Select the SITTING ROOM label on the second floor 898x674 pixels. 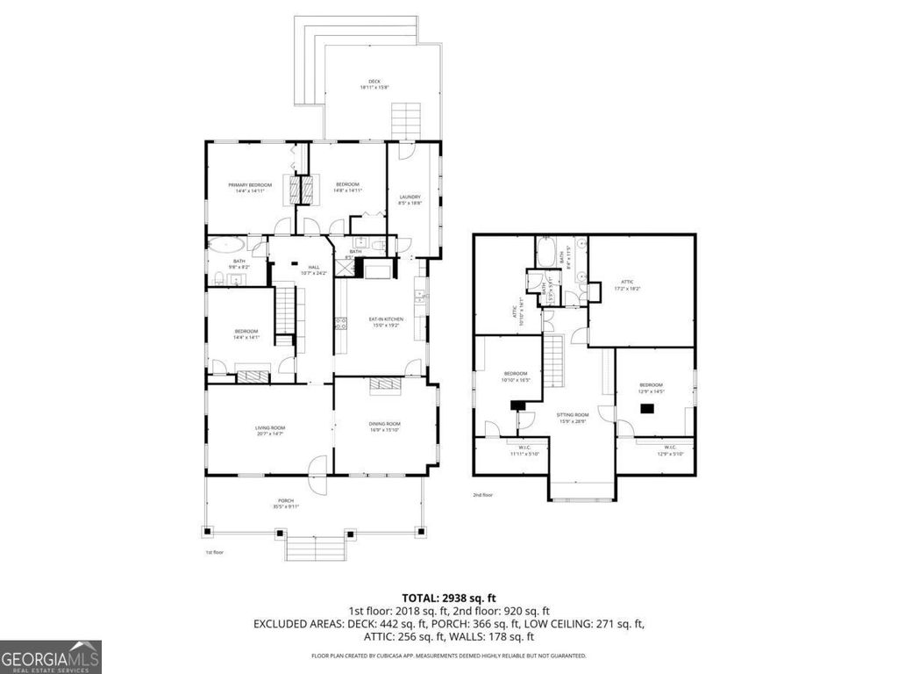click(x=572, y=419)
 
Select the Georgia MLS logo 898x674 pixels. click(x=51, y=656)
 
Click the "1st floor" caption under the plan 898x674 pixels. click(x=216, y=553)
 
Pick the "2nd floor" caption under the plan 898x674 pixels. click(x=482, y=495)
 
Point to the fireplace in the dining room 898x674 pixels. click(x=385, y=383)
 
